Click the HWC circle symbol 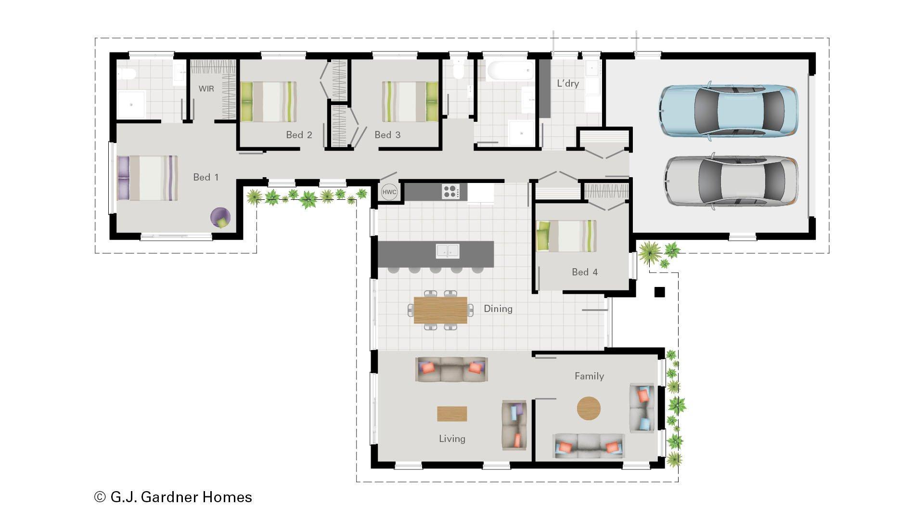point(389,192)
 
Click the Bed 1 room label point(205,177)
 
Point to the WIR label point(206,89)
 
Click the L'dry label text point(568,83)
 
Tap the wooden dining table point(440,310)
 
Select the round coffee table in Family point(589,408)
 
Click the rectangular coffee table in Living point(451,414)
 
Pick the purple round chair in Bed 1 point(220,218)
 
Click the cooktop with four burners point(451,192)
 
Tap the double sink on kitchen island point(448,251)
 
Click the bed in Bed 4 point(566,236)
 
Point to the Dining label point(498,309)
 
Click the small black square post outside point(659,292)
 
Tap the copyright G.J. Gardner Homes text point(173,497)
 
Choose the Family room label point(589,376)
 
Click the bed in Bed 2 point(268,102)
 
